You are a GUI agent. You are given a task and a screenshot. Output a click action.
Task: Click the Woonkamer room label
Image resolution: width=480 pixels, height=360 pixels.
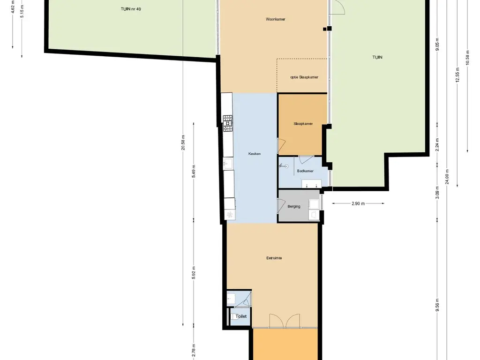point(276,19)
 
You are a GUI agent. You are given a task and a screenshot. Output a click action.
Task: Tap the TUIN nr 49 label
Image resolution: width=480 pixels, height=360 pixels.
point(131,9)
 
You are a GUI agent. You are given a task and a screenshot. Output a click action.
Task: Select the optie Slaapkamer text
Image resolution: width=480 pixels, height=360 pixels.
point(304,77)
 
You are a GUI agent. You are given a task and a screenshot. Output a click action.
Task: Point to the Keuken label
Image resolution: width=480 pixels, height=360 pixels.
point(255,154)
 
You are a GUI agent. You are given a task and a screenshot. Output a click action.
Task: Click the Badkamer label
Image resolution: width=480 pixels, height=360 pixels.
point(305,171)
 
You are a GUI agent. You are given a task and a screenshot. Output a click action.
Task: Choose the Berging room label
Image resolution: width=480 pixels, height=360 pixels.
point(294,207)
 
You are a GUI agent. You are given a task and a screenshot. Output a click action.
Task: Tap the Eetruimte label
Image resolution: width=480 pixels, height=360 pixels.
point(274,258)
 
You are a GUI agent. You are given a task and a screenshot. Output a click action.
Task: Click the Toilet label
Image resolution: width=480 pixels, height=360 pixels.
point(241,316)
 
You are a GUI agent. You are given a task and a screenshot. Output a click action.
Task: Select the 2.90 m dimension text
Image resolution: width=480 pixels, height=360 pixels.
point(358,203)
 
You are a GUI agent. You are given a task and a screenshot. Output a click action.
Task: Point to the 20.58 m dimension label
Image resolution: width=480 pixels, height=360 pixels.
point(183,142)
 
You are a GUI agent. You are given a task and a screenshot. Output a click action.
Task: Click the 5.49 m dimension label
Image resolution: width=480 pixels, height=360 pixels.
point(194,172)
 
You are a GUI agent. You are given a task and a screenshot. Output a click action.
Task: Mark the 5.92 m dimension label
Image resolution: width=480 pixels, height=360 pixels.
point(194,273)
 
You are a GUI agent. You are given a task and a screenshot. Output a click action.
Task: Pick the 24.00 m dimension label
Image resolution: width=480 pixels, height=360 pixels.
point(447,177)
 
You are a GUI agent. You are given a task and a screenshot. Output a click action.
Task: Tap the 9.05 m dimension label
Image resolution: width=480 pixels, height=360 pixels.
point(437,45)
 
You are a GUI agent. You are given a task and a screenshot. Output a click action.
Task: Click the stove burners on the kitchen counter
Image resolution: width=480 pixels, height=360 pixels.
point(227,120)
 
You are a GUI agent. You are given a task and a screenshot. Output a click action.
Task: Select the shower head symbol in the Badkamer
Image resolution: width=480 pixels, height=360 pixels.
point(285,166)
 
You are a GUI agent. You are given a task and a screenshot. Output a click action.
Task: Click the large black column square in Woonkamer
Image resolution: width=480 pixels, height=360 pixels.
point(330,29)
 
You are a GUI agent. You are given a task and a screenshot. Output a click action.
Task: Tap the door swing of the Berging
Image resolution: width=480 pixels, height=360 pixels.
point(282,205)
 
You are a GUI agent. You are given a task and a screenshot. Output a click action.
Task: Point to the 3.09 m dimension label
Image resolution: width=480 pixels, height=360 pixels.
point(437,193)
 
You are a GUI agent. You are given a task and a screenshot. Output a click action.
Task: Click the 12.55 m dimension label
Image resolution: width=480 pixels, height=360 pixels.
point(457,75)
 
